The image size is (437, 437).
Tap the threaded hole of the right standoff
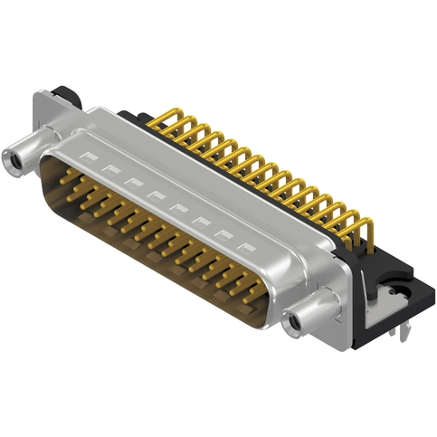(x=292, y=320)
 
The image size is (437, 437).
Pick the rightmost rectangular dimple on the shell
(x=243, y=245)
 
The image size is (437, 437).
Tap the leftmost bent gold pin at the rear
(x=163, y=118)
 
